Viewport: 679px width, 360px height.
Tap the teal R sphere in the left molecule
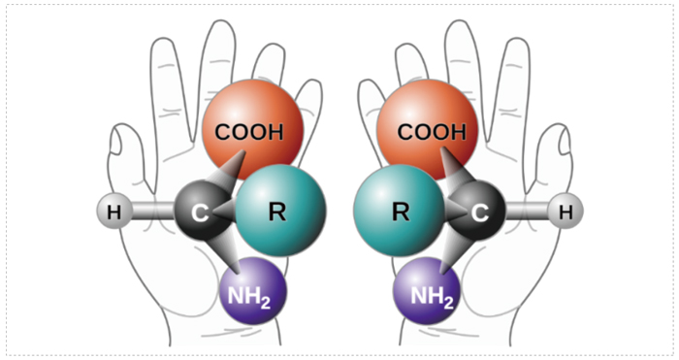point(280,211)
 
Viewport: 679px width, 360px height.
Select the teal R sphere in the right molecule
point(400,211)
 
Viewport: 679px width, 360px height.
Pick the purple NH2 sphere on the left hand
point(253,291)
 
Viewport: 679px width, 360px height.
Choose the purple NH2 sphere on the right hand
point(427,291)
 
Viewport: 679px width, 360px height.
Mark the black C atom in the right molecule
point(477,211)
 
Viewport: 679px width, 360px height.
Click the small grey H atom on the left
point(113,212)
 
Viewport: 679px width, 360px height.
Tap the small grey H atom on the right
point(566,212)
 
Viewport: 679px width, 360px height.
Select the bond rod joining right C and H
point(526,211)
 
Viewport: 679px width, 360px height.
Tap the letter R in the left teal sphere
point(277,212)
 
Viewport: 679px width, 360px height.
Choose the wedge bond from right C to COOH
point(455,168)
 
